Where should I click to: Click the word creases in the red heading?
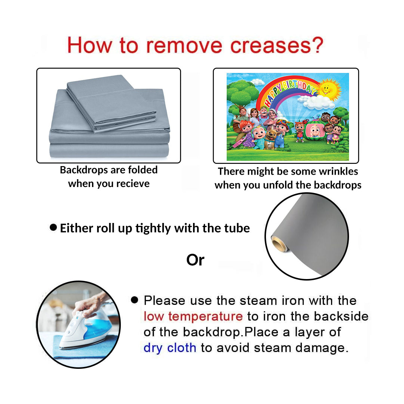[x=270, y=46]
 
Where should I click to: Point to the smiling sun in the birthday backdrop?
[x=328, y=89]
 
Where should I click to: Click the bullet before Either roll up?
[x=53, y=227]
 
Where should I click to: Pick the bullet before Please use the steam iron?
[x=135, y=300]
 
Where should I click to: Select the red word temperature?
[x=205, y=316]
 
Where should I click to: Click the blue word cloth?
[x=182, y=348]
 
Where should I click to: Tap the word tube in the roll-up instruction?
[x=237, y=228]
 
